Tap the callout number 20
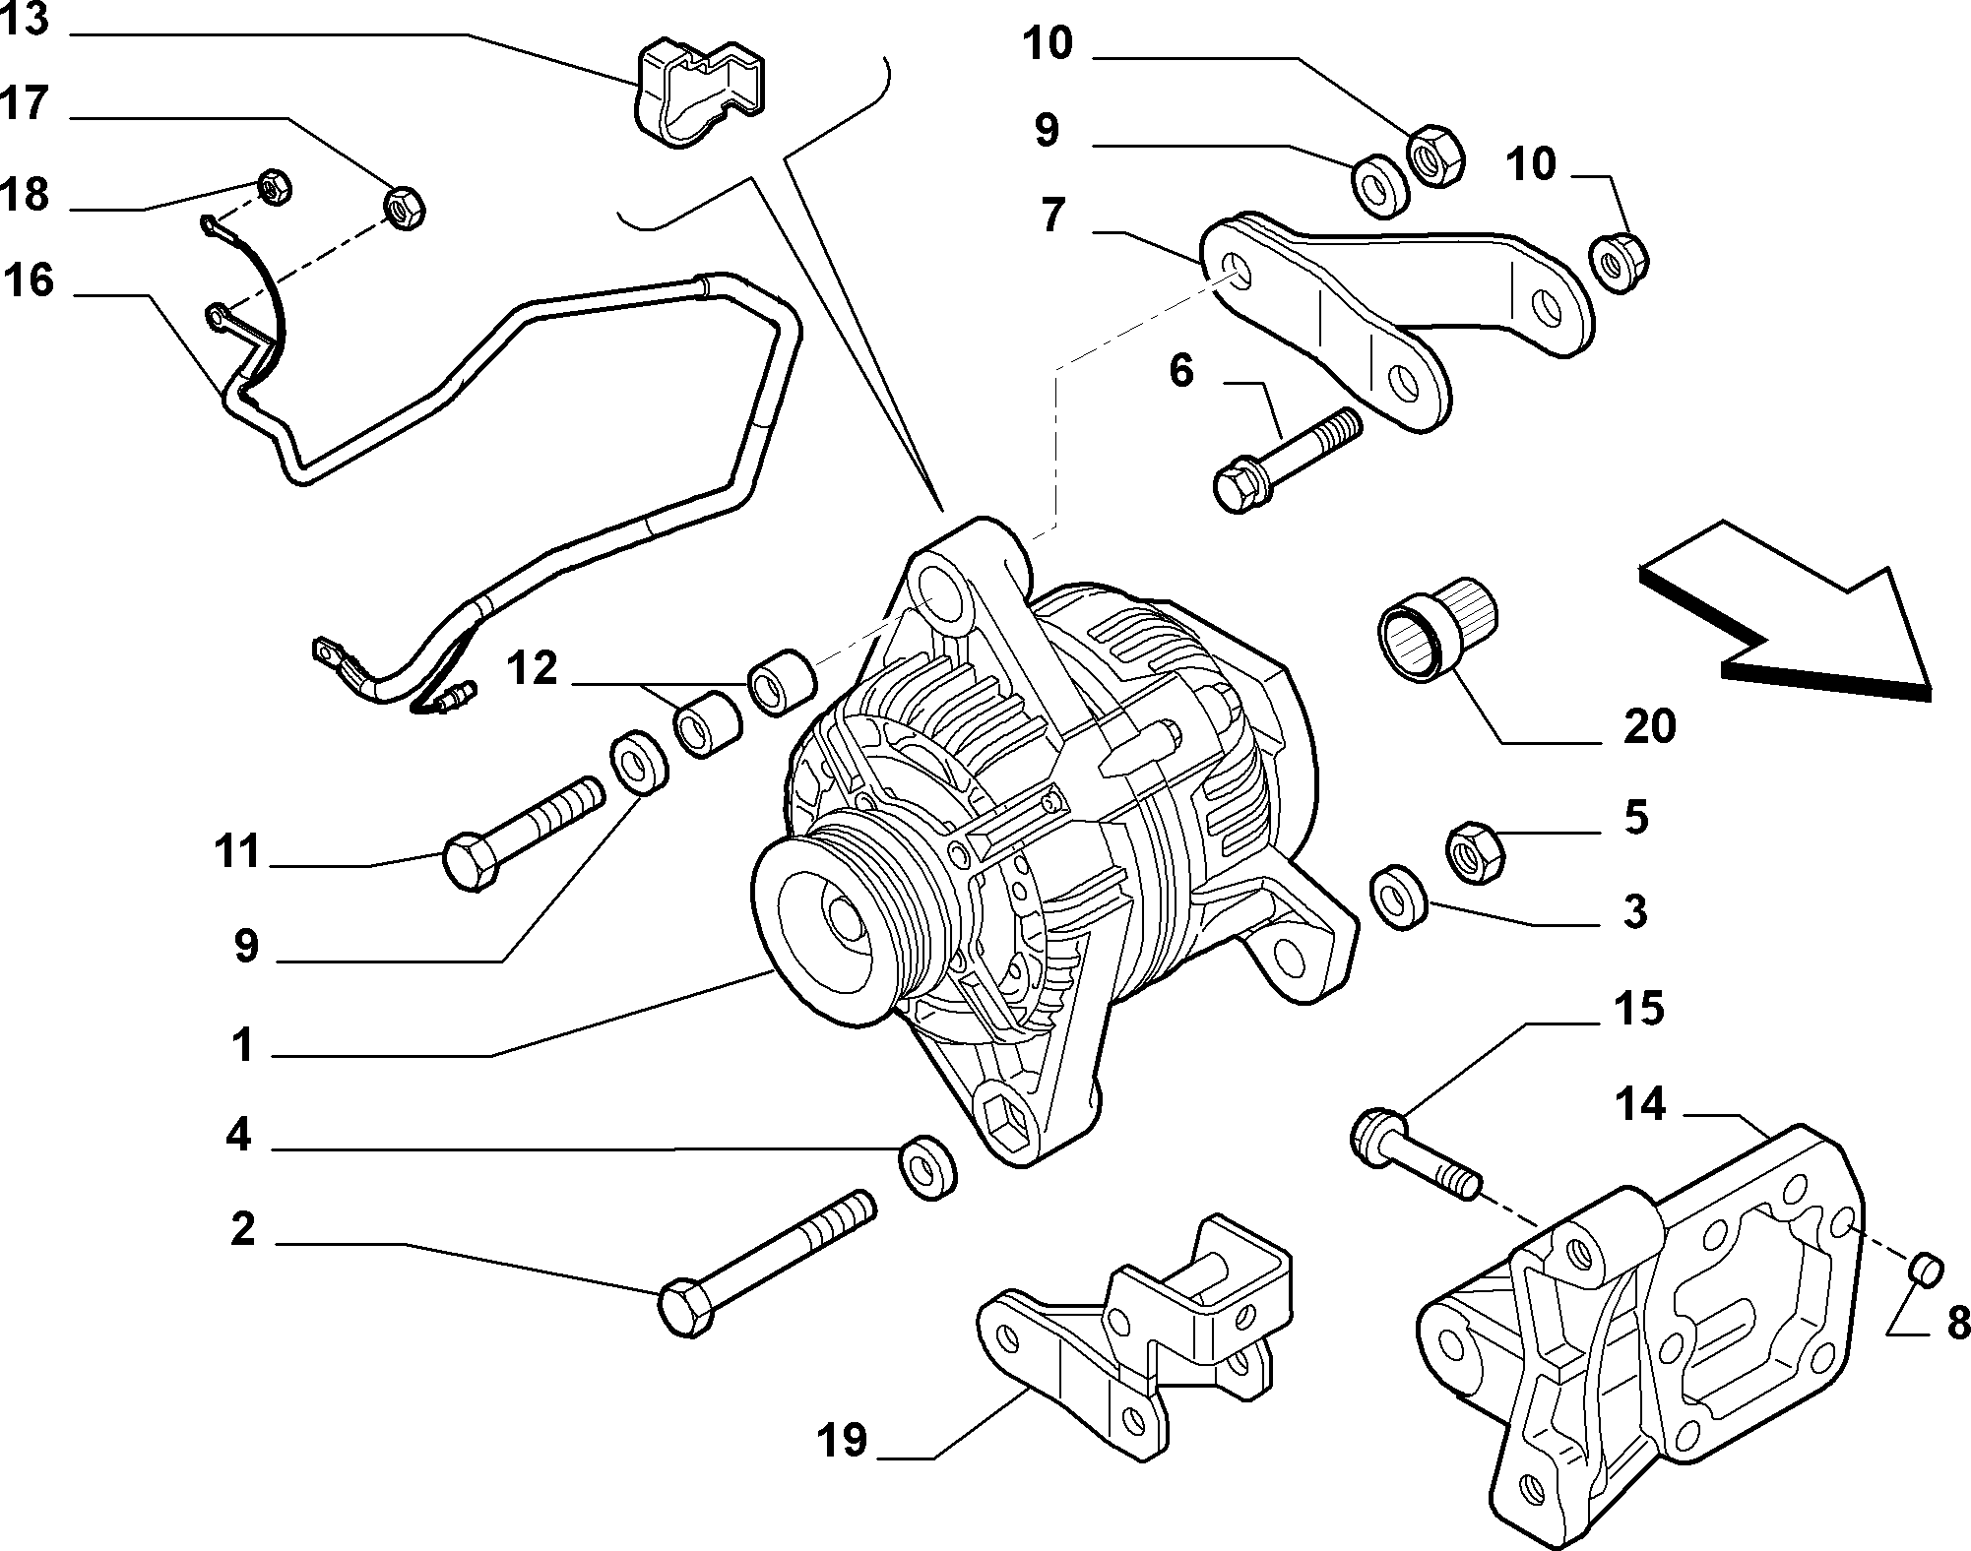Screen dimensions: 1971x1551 click(x=1649, y=727)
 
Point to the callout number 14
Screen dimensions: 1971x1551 click(x=1639, y=1104)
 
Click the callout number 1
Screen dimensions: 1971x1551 click(x=243, y=1045)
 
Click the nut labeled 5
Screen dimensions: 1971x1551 click(x=1476, y=852)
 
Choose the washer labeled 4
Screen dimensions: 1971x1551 click(x=929, y=1167)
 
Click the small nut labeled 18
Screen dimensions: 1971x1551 click(x=272, y=184)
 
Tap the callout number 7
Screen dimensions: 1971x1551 click(x=1052, y=216)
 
